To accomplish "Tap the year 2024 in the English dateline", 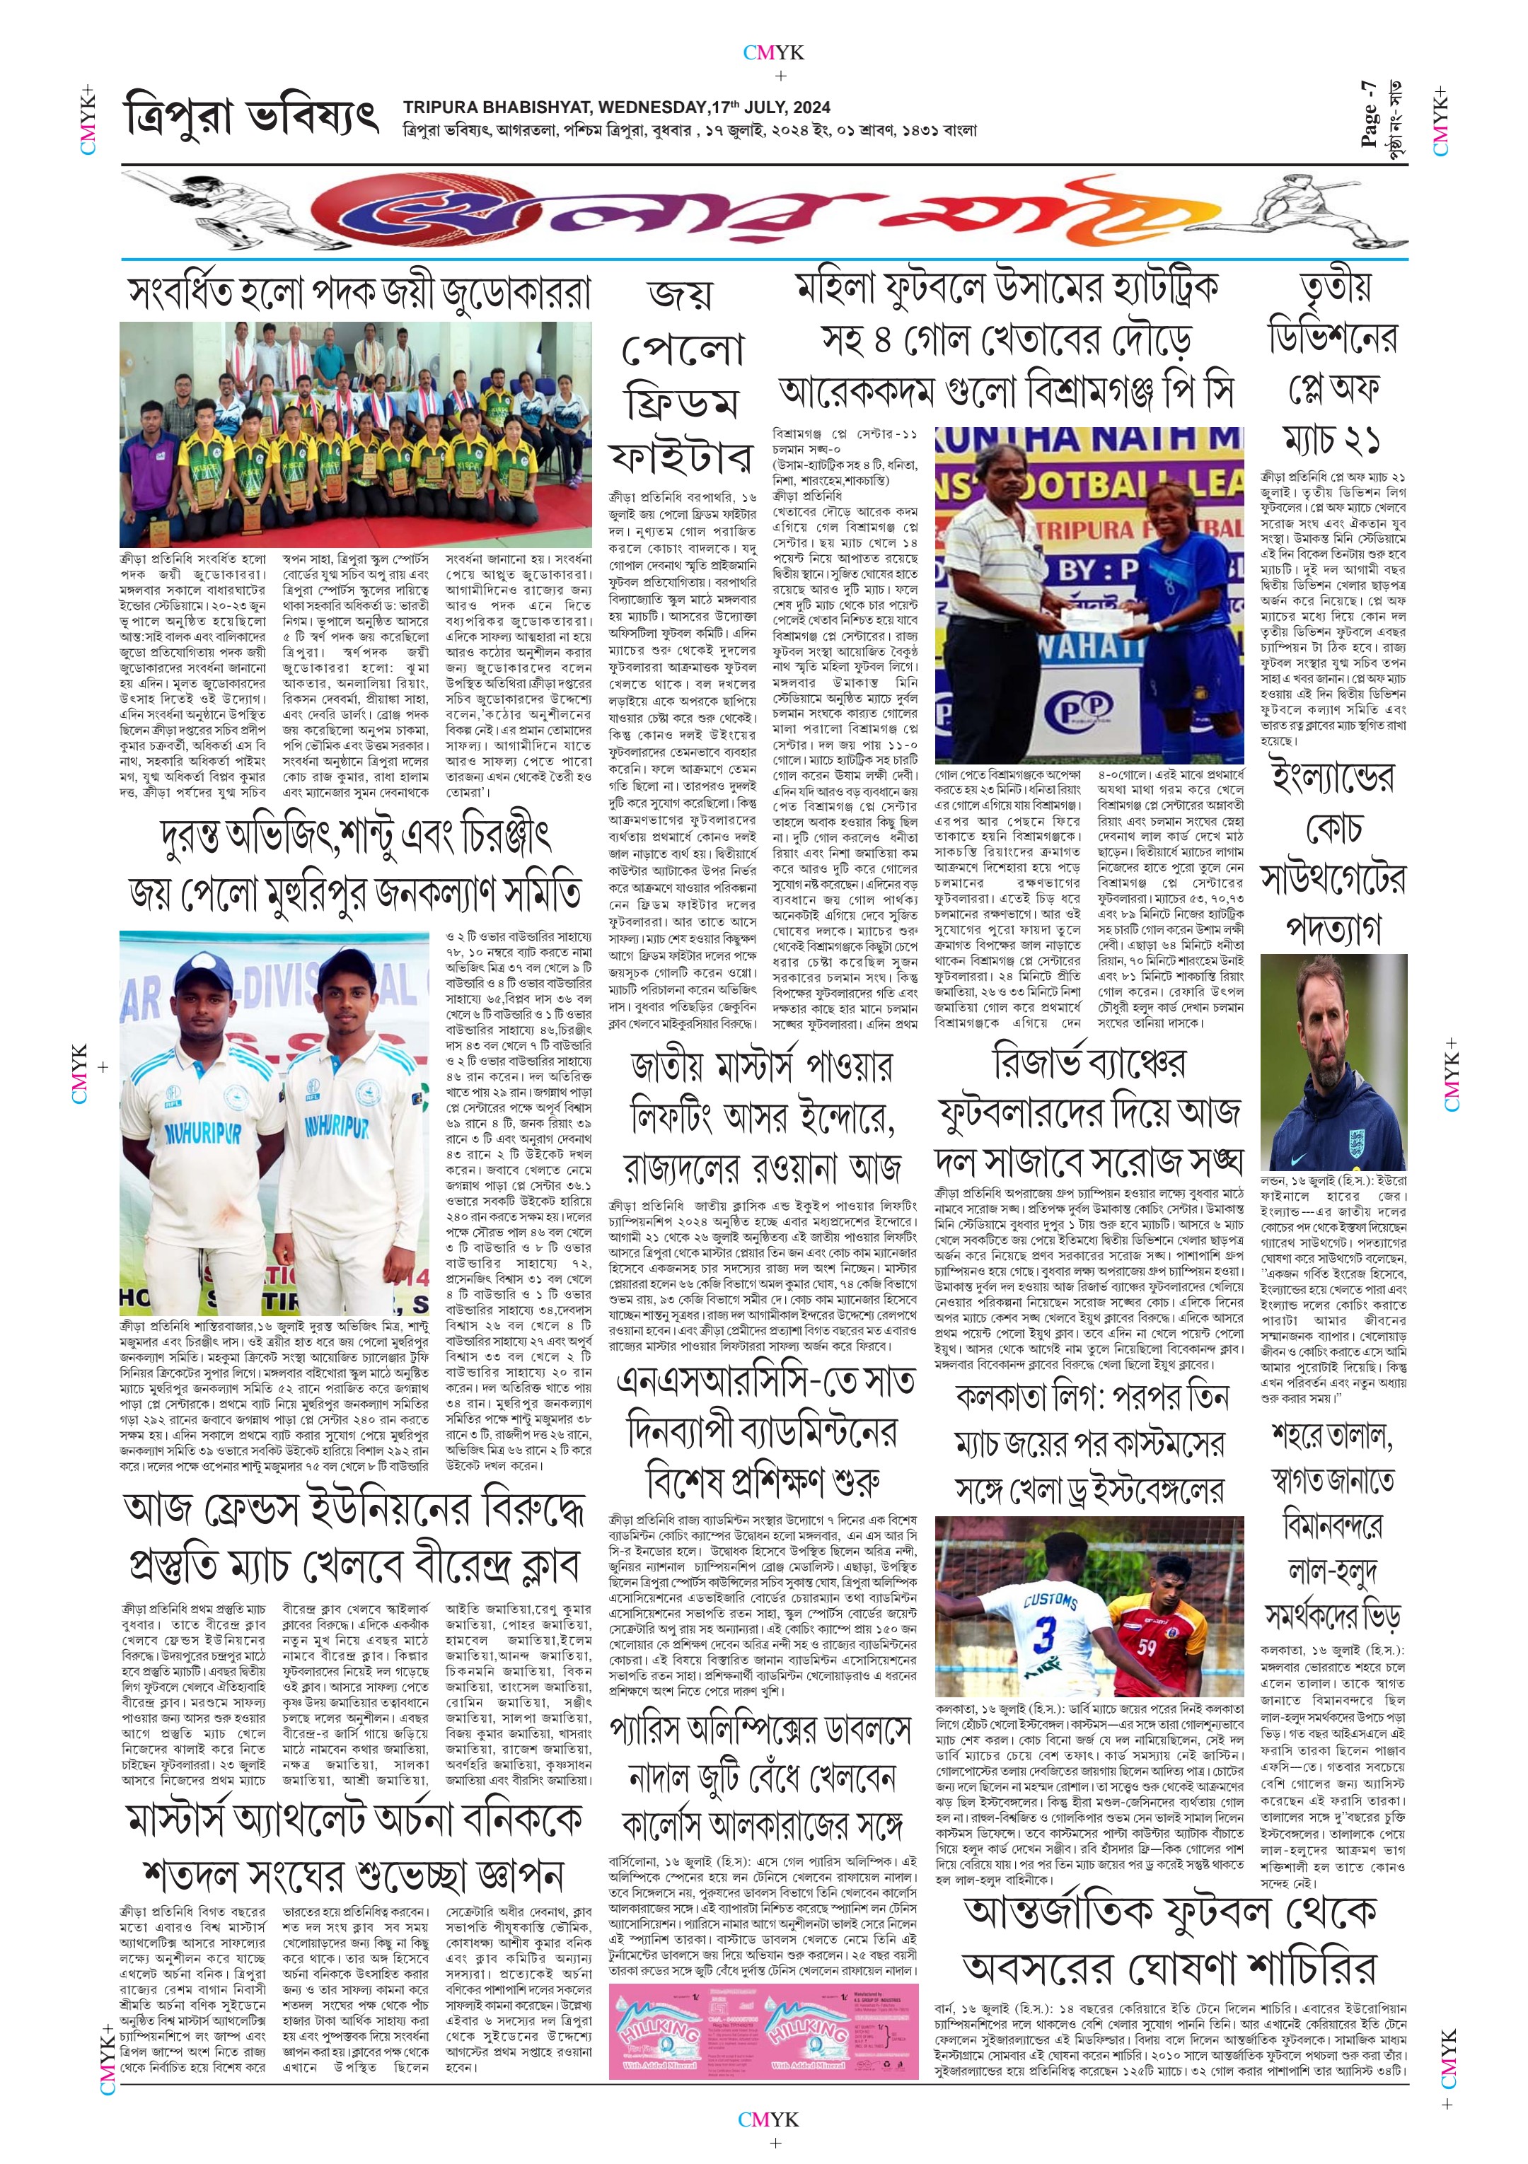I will tap(811, 107).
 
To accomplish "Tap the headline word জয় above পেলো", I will tap(681, 294).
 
